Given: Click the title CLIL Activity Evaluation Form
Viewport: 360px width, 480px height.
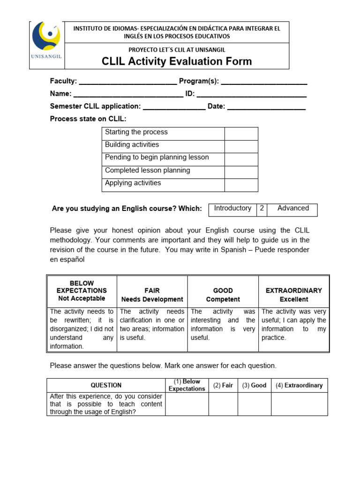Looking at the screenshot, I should pos(177,61).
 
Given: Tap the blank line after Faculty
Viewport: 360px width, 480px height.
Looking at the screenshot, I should pos(128,82).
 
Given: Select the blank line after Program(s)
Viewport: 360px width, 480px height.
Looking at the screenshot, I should pos(264,82).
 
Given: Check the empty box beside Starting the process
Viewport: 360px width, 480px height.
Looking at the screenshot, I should pos(241,134).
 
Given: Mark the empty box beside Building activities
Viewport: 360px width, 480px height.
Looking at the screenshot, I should pos(241,146).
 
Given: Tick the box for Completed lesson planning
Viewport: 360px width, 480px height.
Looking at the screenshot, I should pos(241,172).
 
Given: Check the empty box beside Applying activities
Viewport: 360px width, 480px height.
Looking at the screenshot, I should pos(241,185).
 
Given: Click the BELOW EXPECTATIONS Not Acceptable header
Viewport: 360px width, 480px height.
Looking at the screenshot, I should pos(82,291).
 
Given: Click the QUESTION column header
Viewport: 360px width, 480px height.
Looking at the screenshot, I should pos(106,385).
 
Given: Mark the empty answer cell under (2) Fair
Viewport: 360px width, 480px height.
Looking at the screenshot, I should pos(223,404).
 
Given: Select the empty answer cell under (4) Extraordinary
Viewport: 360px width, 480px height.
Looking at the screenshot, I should pos(299,404).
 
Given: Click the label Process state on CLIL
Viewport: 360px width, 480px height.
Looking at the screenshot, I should pos(88,119).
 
